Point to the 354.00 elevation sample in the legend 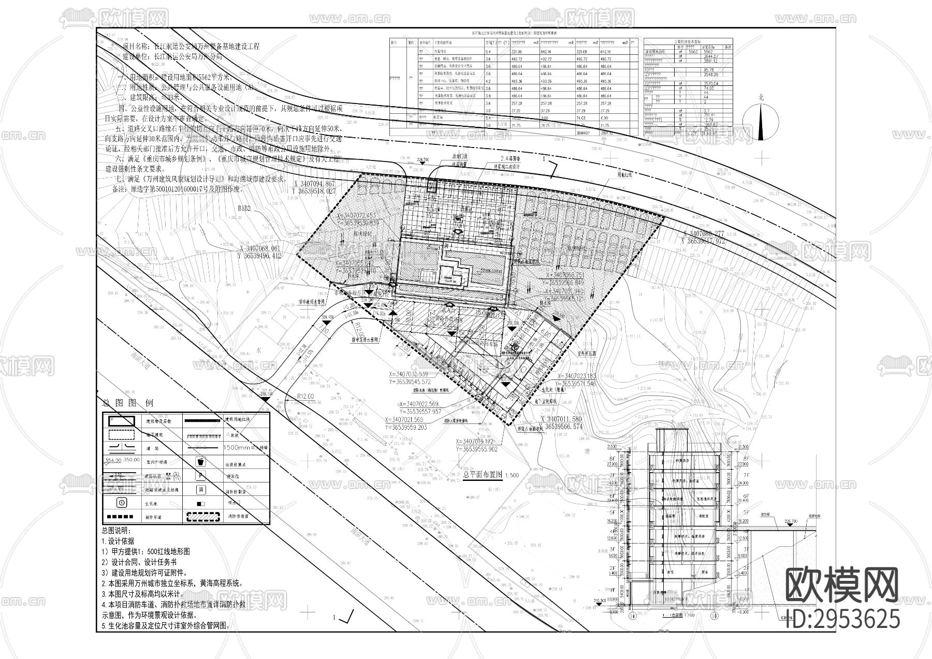112,460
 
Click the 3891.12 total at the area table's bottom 603,133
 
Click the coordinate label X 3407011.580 561,419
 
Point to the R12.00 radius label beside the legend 305,396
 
